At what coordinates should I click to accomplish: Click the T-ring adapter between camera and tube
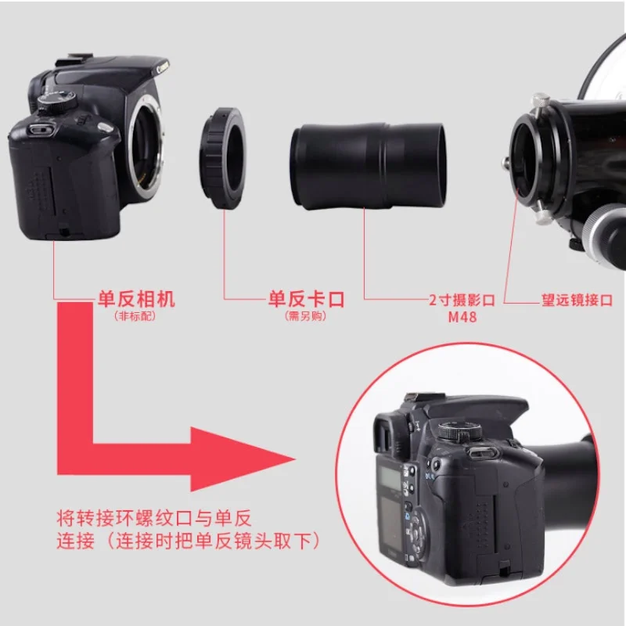click(x=223, y=158)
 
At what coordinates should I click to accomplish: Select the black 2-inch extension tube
click(x=369, y=166)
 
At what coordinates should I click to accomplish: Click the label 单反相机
click(x=136, y=299)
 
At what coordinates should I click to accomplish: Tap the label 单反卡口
click(x=306, y=299)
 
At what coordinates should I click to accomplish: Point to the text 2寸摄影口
click(x=462, y=300)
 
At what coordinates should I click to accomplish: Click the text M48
click(x=462, y=317)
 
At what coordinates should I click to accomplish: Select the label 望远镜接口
click(x=577, y=300)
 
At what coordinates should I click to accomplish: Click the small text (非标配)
click(x=135, y=316)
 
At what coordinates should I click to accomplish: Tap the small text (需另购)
click(x=305, y=316)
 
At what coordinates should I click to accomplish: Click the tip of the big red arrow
click(x=296, y=459)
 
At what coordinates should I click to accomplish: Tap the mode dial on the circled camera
click(x=459, y=431)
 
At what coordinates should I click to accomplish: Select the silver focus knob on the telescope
click(x=603, y=235)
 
